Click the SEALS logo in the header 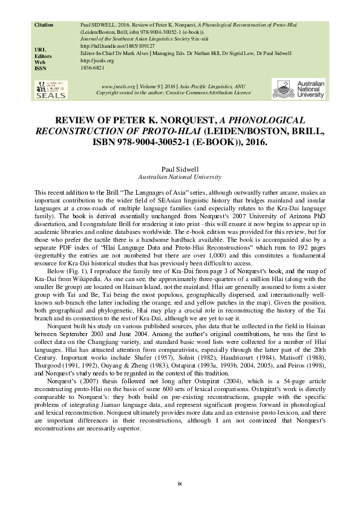click(x=48, y=89)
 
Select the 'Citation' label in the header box click(x=44, y=25)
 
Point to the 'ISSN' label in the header click(x=41, y=68)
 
